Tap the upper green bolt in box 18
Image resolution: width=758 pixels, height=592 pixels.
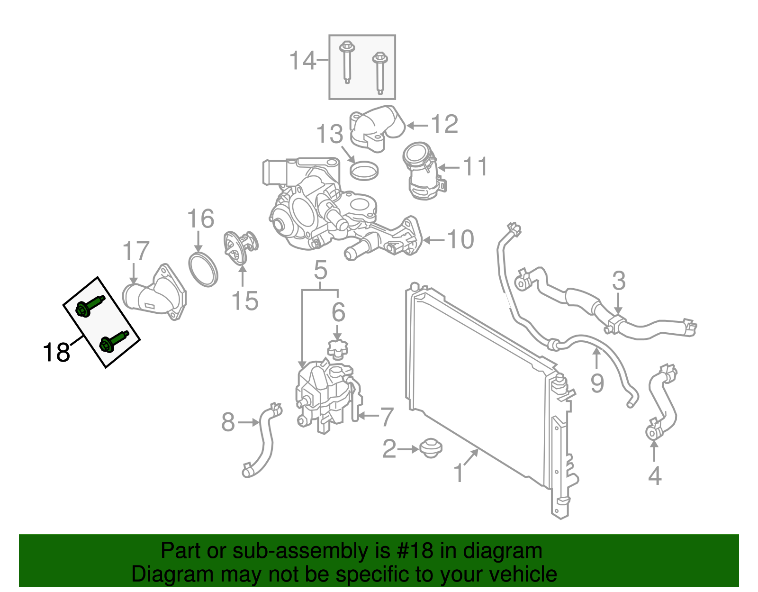pos(90,306)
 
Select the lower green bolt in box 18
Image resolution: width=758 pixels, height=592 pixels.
pos(114,342)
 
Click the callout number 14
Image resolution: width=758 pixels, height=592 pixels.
pos(302,60)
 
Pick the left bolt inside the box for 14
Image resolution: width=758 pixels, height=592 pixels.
pos(347,62)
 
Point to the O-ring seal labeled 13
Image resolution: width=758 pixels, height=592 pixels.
pos(364,171)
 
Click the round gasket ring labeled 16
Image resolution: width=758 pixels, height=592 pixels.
pos(203,271)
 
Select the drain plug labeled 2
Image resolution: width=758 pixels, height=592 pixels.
pos(431,449)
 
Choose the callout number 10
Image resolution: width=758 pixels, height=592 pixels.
pos(460,240)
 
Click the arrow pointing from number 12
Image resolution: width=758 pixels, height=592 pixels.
pos(418,125)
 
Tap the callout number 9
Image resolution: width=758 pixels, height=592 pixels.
pos(597,383)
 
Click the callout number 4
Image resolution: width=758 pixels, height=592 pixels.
pos(654,475)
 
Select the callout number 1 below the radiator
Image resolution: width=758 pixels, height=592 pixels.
pos(459,473)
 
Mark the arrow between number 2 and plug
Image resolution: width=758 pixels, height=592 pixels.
pos(408,449)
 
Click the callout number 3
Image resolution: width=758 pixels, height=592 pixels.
pos(619,281)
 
